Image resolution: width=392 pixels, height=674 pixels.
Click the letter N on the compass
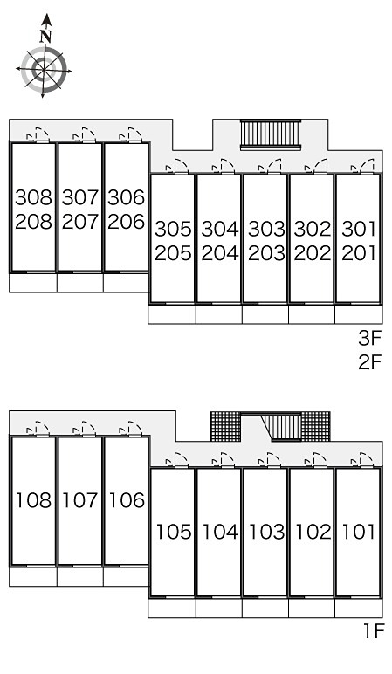click(46, 38)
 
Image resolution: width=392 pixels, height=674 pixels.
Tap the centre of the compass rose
click(44, 69)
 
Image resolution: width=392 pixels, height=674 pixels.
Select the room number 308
click(33, 197)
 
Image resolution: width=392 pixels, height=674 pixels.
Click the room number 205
click(173, 253)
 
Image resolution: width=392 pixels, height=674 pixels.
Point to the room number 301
click(359, 229)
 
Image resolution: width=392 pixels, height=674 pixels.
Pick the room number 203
click(266, 253)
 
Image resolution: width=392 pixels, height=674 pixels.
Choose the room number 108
click(33, 500)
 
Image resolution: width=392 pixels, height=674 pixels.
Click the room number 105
click(173, 532)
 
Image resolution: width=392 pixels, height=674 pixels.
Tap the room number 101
click(359, 532)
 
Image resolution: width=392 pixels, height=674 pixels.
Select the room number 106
click(127, 500)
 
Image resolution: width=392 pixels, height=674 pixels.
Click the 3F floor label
click(370, 339)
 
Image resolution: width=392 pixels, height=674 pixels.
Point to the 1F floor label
click(373, 631)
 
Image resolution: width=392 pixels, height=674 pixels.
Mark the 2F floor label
click(370, 362)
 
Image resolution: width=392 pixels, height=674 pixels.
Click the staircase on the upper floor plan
click(271, 134)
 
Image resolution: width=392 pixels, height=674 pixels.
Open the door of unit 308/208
click(38, 134)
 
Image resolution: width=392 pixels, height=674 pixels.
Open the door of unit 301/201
click(363, 167)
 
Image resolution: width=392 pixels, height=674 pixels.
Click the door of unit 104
click(224, 460)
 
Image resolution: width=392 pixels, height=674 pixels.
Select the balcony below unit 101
click(359, 608)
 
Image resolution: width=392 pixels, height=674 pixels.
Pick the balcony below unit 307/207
click(80, 283)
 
